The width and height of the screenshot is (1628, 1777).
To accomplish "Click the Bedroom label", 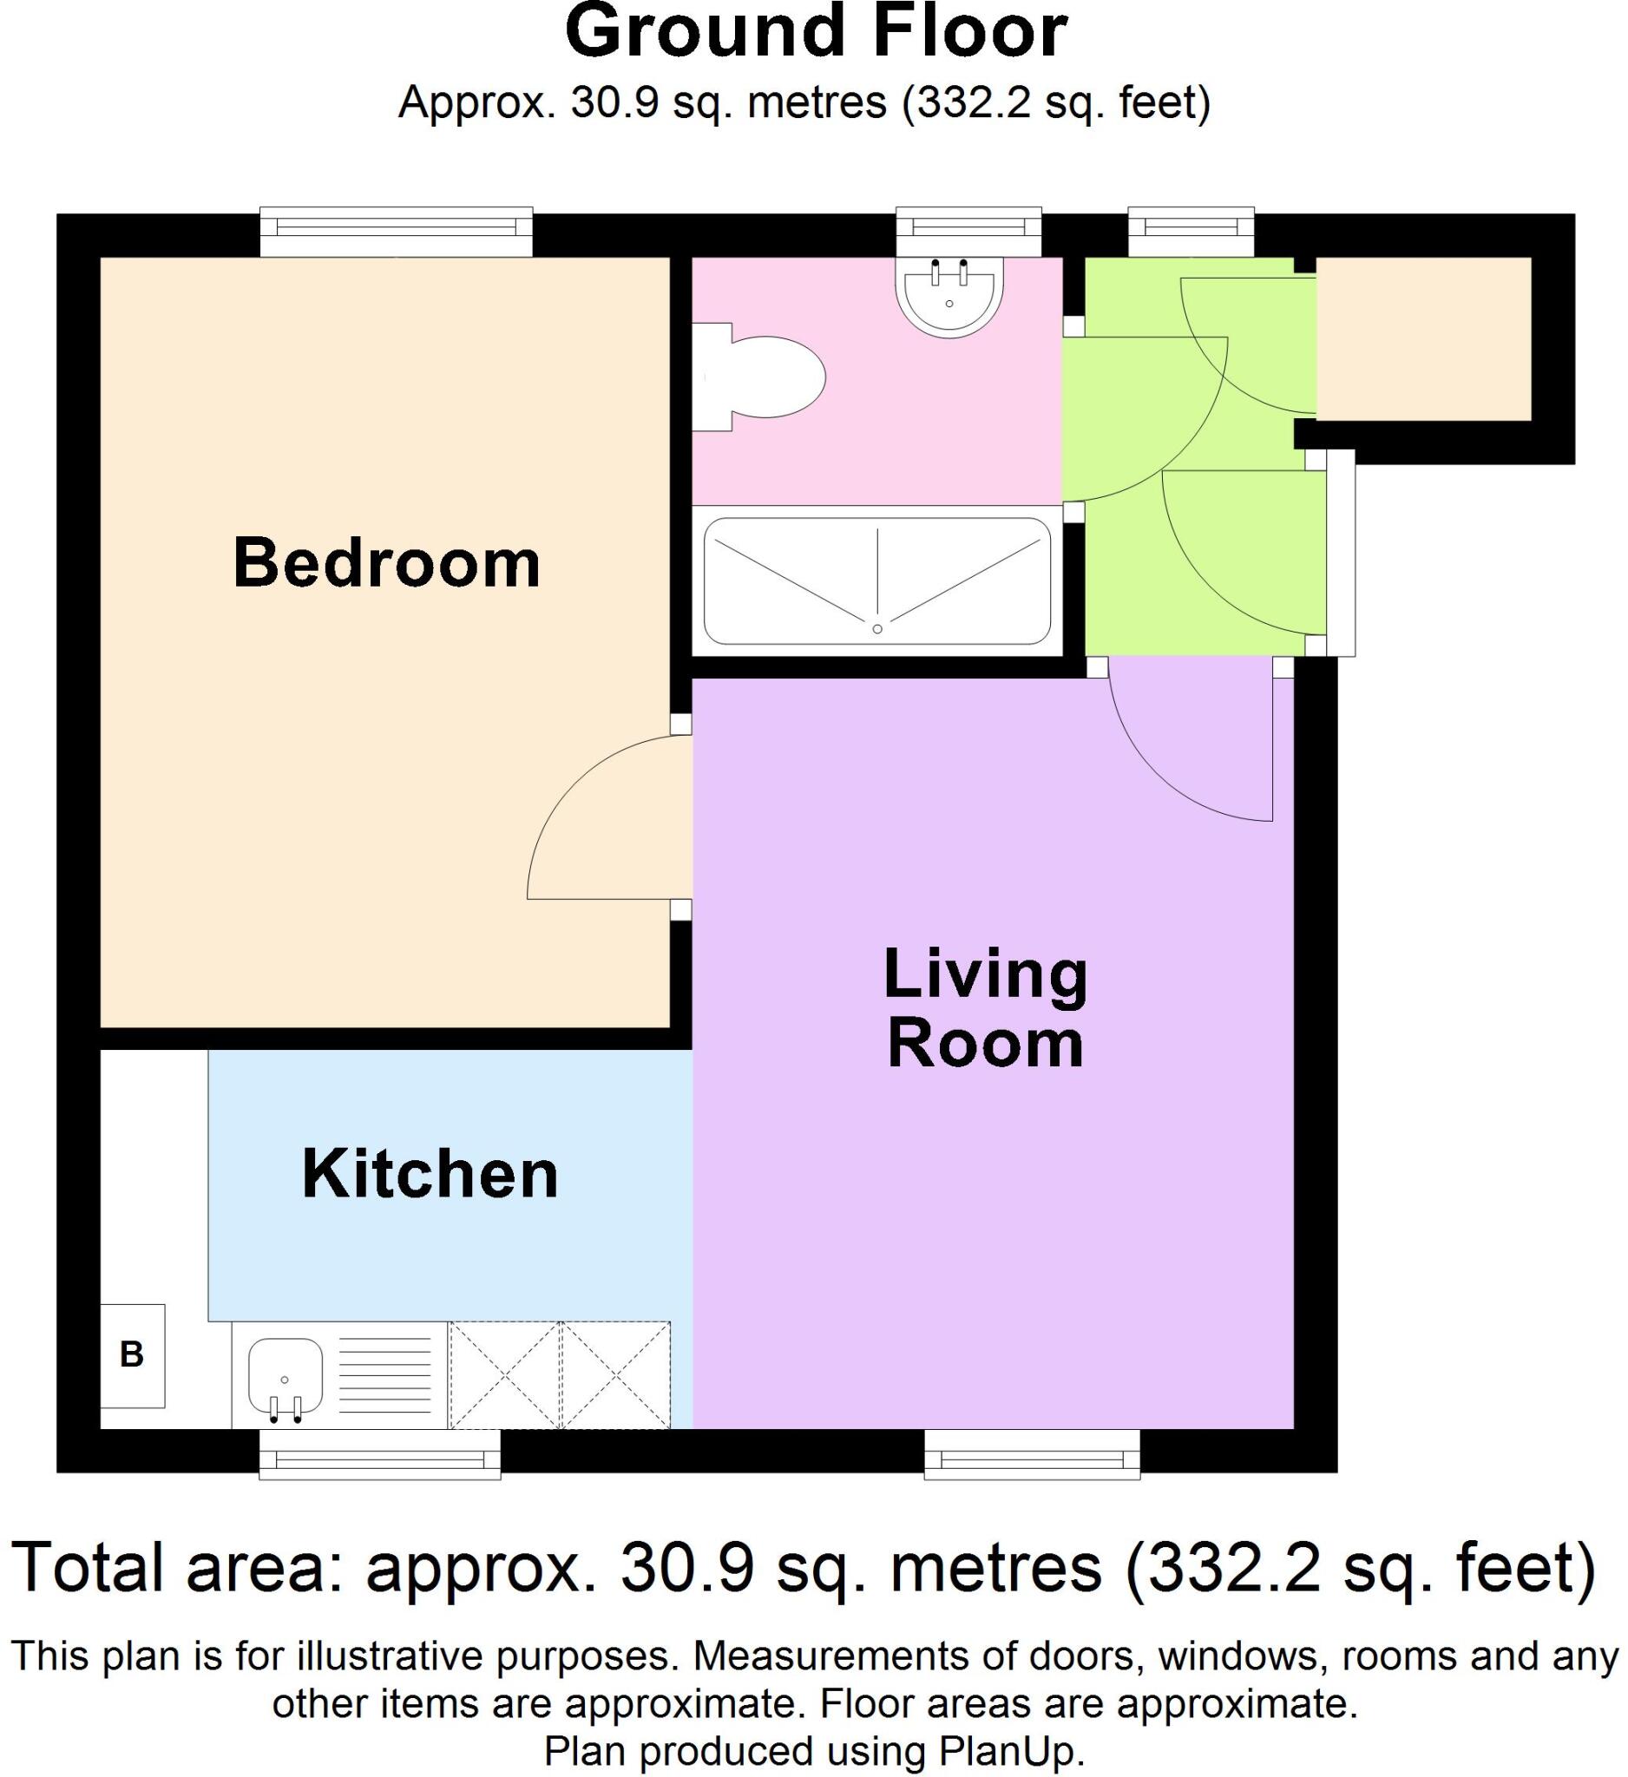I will point(386,563).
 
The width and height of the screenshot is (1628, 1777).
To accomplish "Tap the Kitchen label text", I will point(430,1174).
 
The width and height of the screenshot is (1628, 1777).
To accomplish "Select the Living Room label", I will point(985,1008).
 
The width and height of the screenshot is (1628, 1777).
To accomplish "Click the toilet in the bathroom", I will point(767,377).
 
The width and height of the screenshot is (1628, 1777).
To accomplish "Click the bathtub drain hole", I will point(877,628).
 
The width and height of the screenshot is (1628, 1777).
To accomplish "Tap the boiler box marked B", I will point(132,1354).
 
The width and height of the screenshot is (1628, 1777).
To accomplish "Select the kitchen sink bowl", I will point(285,1375).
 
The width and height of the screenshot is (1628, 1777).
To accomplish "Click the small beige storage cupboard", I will point(1422,338).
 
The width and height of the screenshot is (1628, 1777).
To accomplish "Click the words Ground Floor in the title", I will point(816,32).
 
